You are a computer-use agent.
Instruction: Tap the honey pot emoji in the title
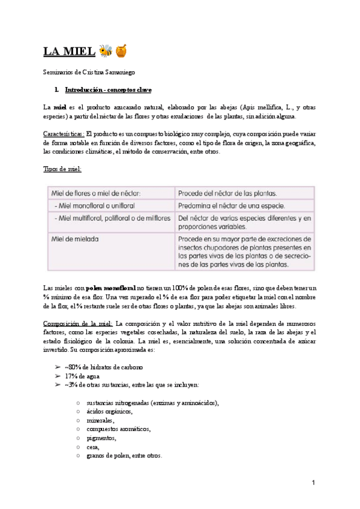(x=121, y=52)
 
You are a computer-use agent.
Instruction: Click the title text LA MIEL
(x=69, y=52)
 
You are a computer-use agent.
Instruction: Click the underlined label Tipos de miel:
(x=63, y=169)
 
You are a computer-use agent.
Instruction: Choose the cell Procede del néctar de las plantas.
(x=227, y=193)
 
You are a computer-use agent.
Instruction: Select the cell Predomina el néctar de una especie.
(x=230, y=206)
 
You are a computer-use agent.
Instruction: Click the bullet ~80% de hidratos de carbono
(x=103, y=367)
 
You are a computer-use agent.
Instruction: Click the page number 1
(x=313, y=483)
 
